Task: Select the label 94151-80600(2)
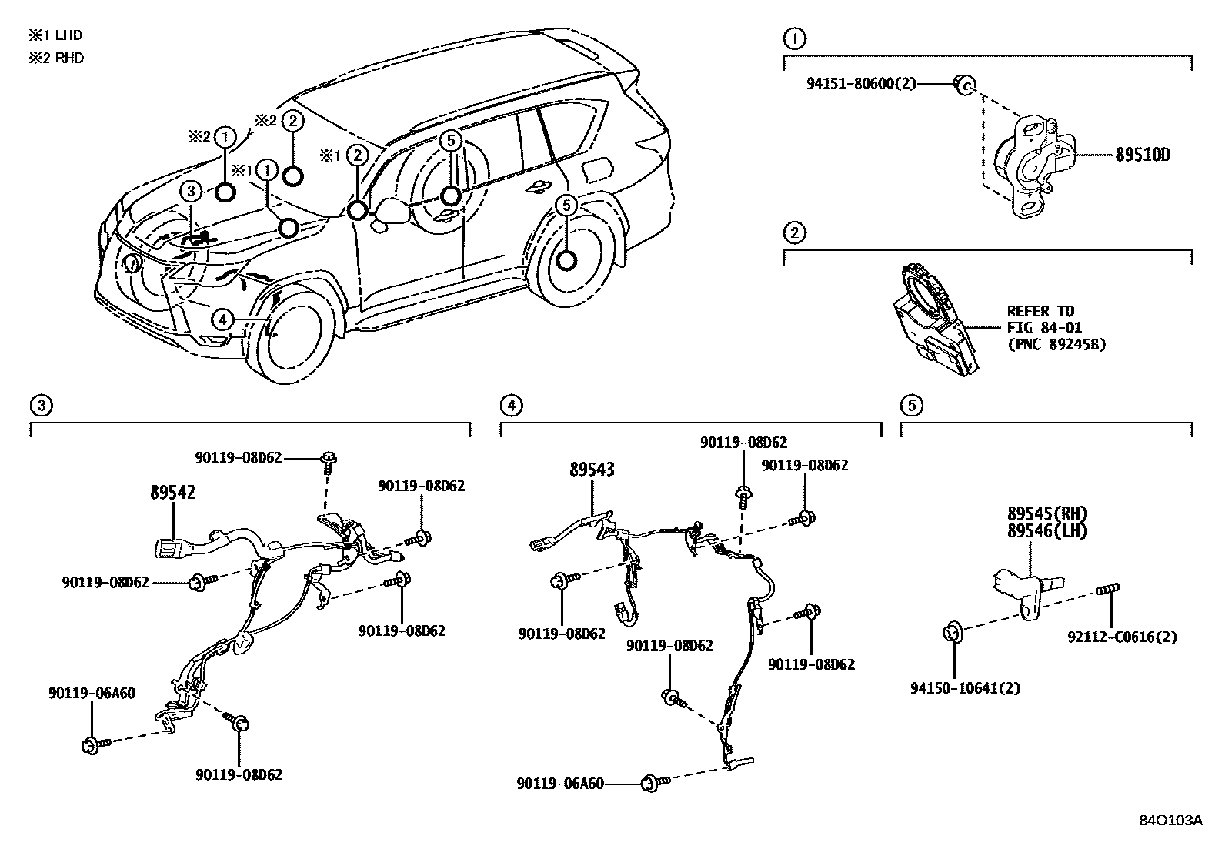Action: (x=861, y=83)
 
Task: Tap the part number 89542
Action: (x=172, y=493)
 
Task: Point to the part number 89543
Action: (x=592, y=469)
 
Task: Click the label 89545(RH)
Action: (x=1047, y=514)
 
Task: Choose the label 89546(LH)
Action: (x=1047, y=530)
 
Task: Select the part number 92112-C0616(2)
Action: (x=1122, y=637)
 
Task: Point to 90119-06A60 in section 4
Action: (x=560, y=784)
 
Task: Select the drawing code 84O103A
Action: (x=1170, y=821)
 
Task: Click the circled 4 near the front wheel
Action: (x=222, y=318)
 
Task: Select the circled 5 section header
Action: (x=910, y=405)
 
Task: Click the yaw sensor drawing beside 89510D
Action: (x=1028, y=162)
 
